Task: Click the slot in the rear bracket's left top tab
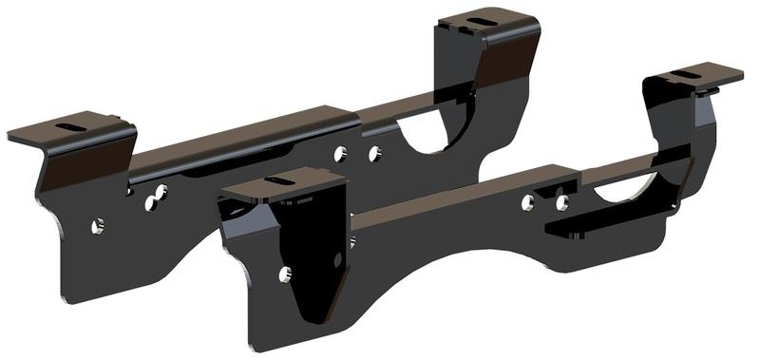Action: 68,126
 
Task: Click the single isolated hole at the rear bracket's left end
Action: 97,226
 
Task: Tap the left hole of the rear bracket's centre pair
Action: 341,152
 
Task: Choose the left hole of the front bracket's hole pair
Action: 527,201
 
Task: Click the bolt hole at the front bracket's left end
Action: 285,275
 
